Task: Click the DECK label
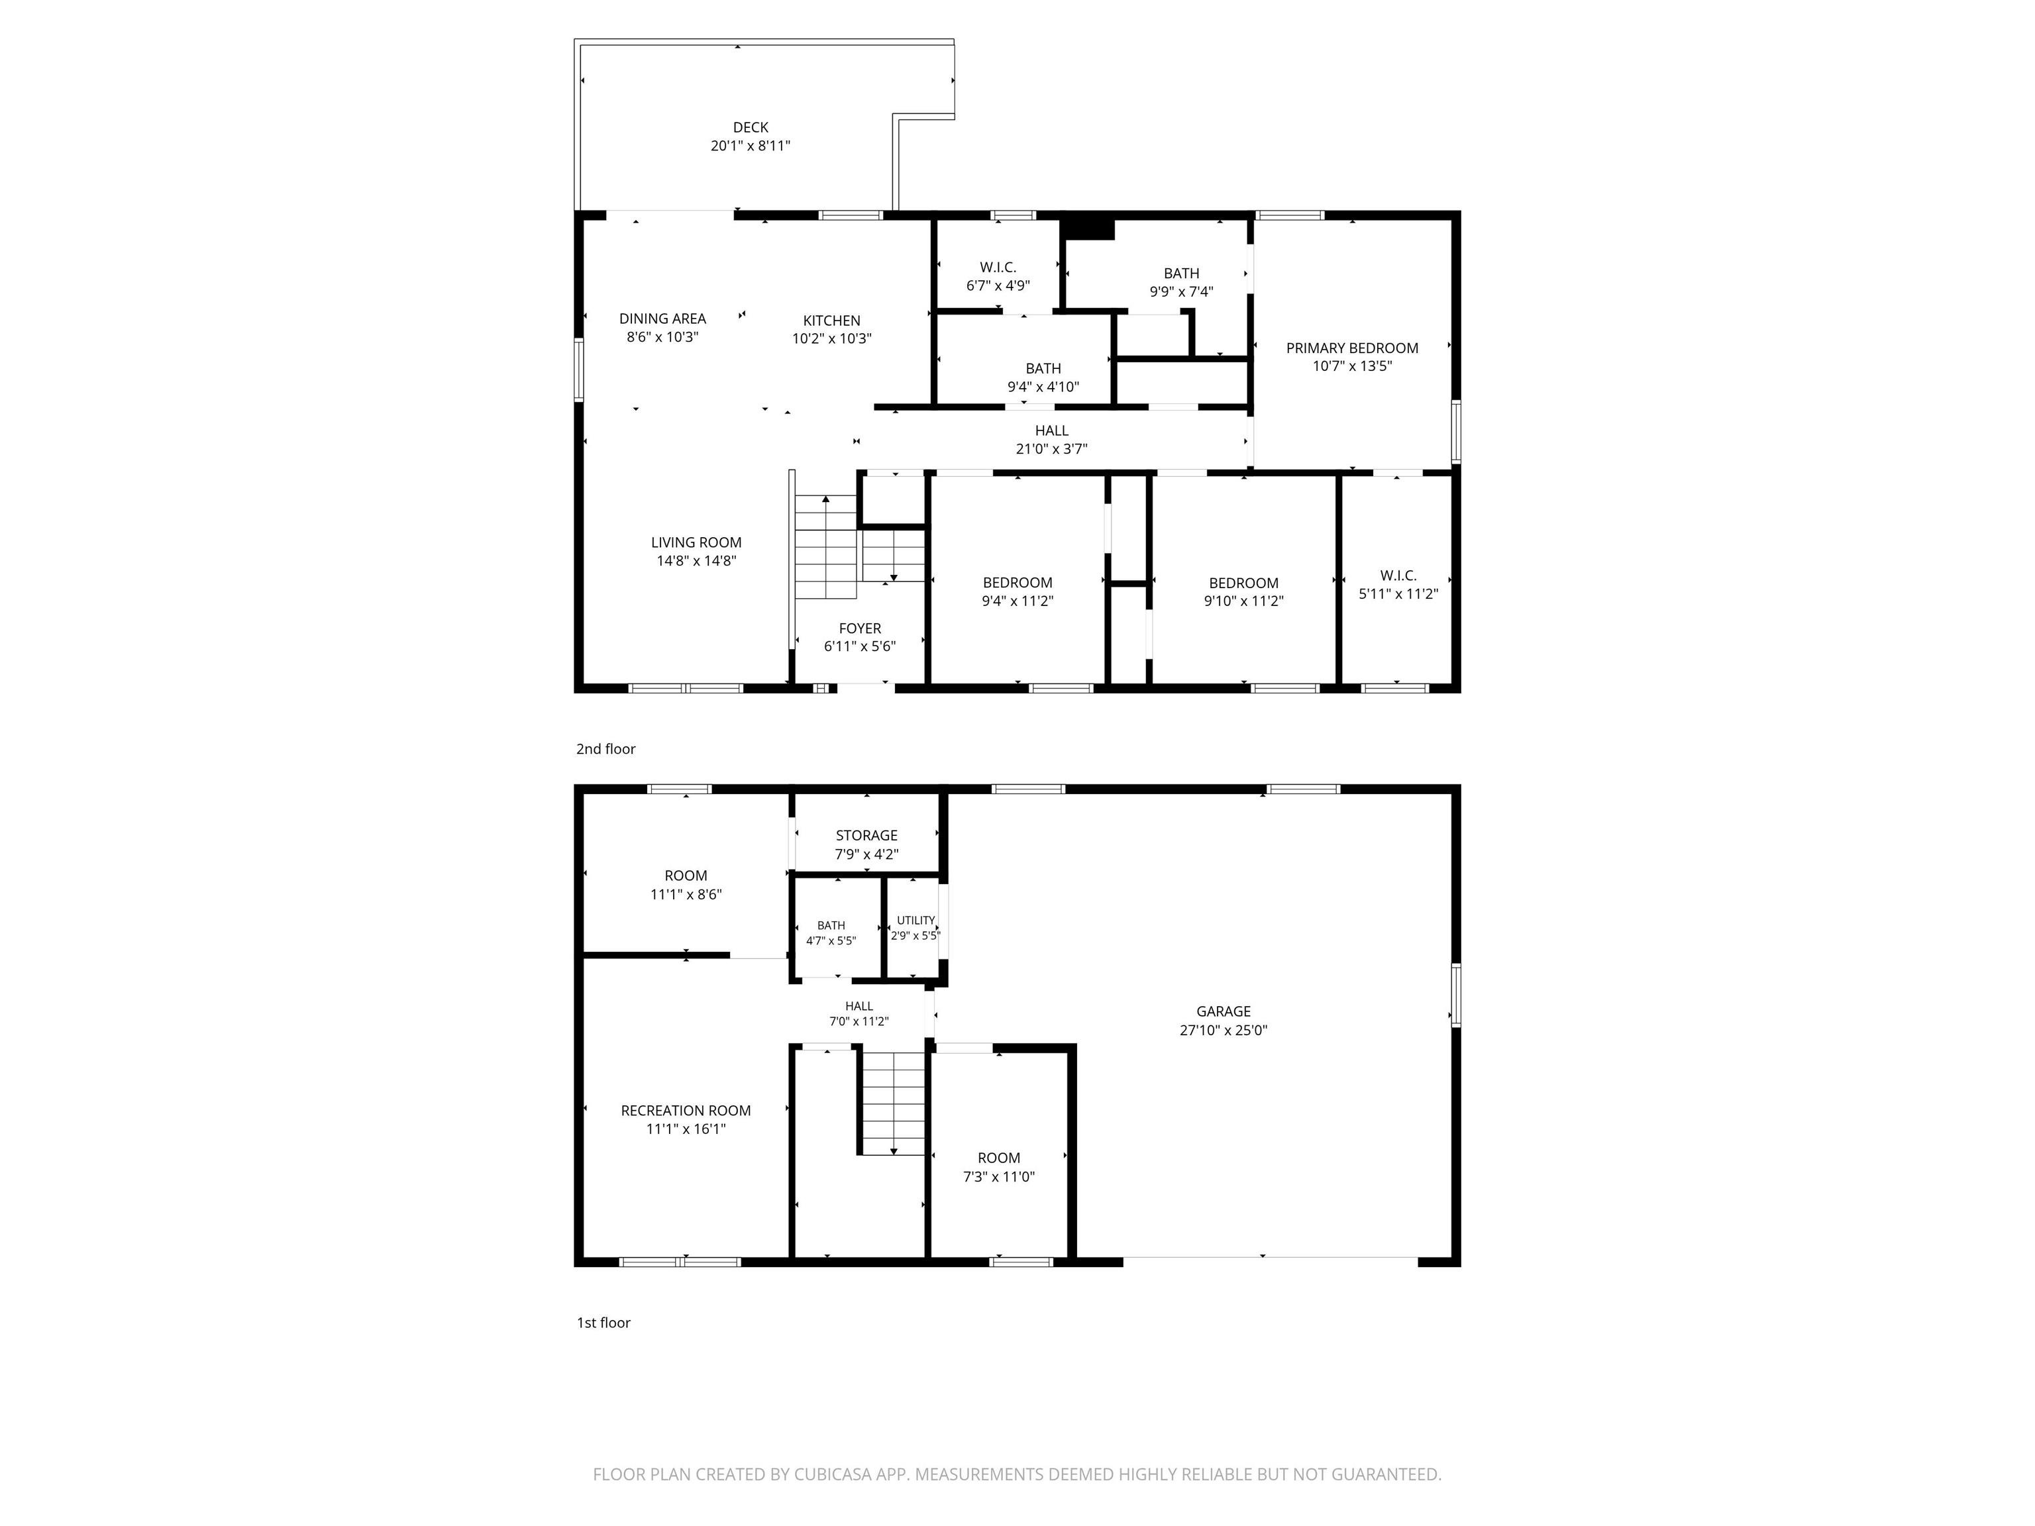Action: [750, 128]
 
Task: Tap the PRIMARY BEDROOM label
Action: [1351, 348]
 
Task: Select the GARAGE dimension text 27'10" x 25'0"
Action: [1224, 1030]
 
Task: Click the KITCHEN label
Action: [831, 320]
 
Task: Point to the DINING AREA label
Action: [662, 319]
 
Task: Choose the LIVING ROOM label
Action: [696, 542]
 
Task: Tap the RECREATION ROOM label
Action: [686, 1110]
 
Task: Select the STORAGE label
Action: [866, 835]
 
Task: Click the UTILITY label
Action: [915, 920]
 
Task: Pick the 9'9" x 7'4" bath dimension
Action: [1181, 291]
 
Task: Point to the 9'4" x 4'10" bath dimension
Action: [1043, 386]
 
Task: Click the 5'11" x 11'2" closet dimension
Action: [1398, 594]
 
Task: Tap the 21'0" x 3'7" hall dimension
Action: [1051, 449]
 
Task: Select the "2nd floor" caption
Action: [605, 748]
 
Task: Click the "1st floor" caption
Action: [603, 1323]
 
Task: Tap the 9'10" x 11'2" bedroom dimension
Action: [1244, 601]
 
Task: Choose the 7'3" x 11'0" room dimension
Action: [999, 1176]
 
